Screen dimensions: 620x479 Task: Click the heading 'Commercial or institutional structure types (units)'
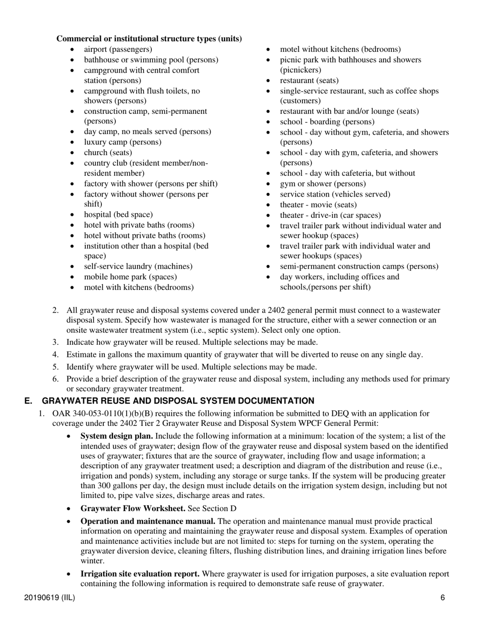[x=149, y=39]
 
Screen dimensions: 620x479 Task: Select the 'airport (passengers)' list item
[x=117, y=49]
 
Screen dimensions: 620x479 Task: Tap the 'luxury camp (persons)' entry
[x=123, y=142]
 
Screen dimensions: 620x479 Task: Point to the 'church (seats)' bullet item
[x=108, y=152]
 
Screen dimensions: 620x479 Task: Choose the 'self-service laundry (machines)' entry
[x=138, y=266]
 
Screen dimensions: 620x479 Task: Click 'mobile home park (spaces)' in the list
[x=130, y=277]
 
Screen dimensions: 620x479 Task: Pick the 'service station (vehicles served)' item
[x=335, y=194]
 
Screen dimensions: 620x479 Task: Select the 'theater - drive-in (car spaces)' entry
[x=330, y=215]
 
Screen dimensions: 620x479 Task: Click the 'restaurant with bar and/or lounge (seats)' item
[x=349, y=111]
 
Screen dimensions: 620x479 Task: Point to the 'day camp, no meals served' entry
[x=147, y=132]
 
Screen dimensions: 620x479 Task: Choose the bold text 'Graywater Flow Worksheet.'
[x=133, y=508]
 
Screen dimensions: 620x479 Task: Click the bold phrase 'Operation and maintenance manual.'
[x=148, y=521]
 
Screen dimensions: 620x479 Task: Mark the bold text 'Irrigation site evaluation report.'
[x=140, y=574]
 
